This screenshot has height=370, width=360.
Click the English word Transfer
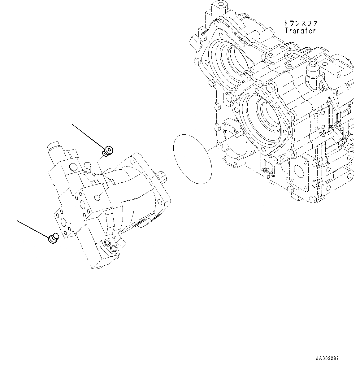tap(300, 31)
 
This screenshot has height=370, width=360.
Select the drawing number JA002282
tap(327, 358)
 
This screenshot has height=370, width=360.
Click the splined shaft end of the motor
tap(162, 178)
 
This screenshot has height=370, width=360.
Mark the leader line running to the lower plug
tap(33, 229)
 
